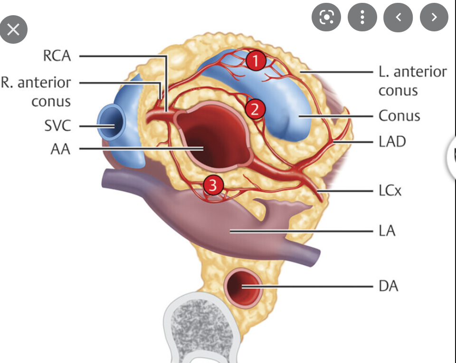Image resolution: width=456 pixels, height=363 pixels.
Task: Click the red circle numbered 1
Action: (x=255, y=61)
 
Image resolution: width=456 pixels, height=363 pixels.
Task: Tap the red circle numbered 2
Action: (x=255, y=109)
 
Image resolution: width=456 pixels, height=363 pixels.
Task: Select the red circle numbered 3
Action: (x=213, y=185)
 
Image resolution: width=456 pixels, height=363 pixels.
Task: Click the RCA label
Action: (x=57, y=56)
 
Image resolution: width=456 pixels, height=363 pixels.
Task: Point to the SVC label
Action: (x=57, y=126)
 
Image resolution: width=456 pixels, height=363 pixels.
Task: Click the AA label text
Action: (x=60, y=149)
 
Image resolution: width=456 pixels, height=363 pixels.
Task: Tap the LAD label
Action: (x=392, y=141)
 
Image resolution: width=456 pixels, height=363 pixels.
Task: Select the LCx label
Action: (x=390, y=191)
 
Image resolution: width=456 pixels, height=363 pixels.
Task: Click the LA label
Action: (x=387, y=231)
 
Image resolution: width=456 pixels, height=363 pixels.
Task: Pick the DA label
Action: (x=388, y=287)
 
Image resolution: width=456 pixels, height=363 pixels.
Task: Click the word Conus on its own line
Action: (x=399, y=115)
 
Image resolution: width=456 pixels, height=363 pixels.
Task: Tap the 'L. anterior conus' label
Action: (x=412, y=81)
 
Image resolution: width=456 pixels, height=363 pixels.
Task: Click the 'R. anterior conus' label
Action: (x=37, y=91)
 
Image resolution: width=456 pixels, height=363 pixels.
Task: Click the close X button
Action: (x=13, y=30)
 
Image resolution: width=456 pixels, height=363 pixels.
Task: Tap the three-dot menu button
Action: (x=362, y=18)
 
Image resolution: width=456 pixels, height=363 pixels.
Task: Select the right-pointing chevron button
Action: (x=434, y=18)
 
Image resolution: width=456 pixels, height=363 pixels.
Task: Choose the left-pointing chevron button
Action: (x=398, y=18)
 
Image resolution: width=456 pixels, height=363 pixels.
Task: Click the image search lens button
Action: (x=326, y=18)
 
